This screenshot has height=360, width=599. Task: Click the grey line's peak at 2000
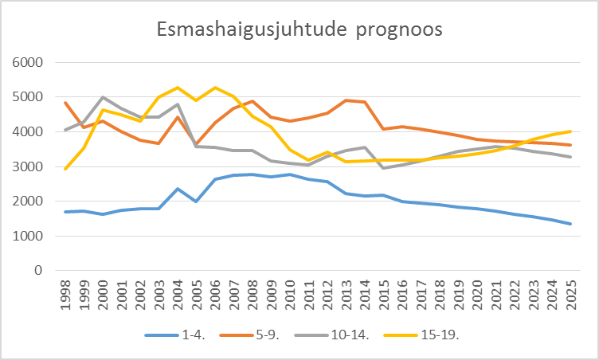(103, 97)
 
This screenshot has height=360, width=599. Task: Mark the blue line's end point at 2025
(570, 224)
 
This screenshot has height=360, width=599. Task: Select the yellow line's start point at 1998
(65, 169)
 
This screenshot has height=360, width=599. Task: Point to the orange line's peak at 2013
(346, 100)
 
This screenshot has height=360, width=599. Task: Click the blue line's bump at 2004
(178, 189)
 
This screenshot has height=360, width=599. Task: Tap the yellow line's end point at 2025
(570, 131)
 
